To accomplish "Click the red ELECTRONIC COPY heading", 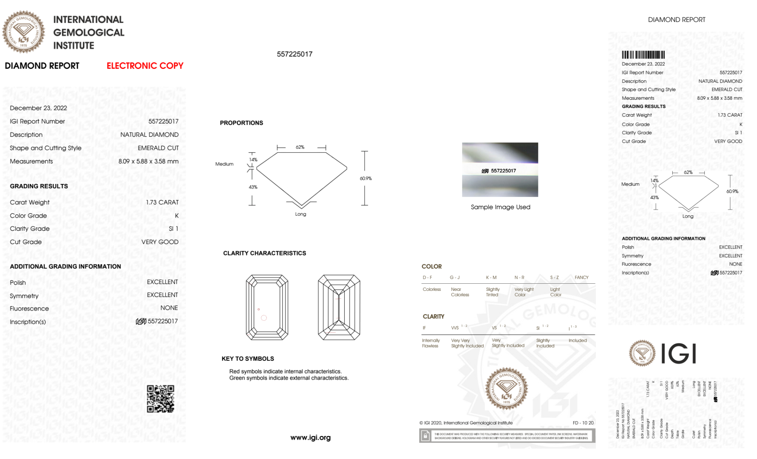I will [x=145, y=66].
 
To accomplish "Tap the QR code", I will [x=160, y=399].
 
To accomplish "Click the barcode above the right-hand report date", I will [x=643, y=55].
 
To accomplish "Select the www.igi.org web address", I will [x=310, y=437].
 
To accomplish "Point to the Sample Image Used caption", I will [x=500, y=207].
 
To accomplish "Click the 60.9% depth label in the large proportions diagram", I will [x=365, y=178].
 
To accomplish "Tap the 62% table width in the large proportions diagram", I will [x=300, y=147].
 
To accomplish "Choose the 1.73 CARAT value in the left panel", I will [x=162, y=202].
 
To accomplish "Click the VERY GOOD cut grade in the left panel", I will [x=160, y=242].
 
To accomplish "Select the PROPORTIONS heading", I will [x=241, y=123].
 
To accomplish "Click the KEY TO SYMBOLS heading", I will [x=248, y=359].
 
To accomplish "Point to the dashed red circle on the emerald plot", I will [x=264, y=318].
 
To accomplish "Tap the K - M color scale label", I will [x=491, y=277].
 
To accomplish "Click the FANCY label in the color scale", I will [x=581, y=277].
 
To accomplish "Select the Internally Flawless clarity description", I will [x=431, y=343].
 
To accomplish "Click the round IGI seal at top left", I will [x=23, y=32].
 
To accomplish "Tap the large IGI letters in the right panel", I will [x=679, y=354].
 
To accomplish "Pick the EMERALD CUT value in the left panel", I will [x=158, y=148].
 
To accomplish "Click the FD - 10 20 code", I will [x=583, y=423].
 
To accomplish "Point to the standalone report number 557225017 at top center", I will [x=294, y=54].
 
